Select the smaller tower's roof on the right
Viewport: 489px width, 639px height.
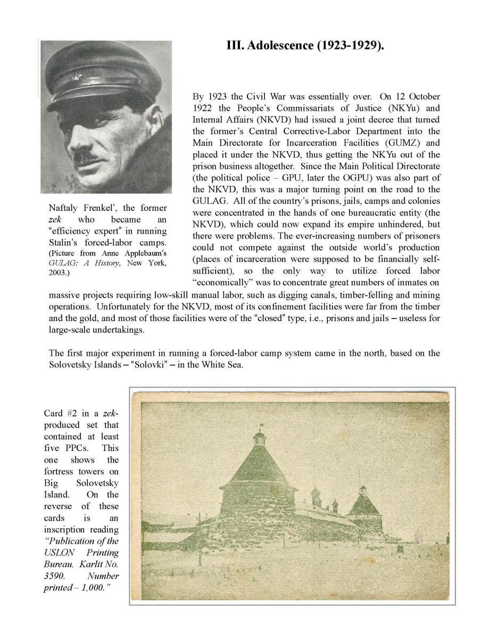tap(363, 504)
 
